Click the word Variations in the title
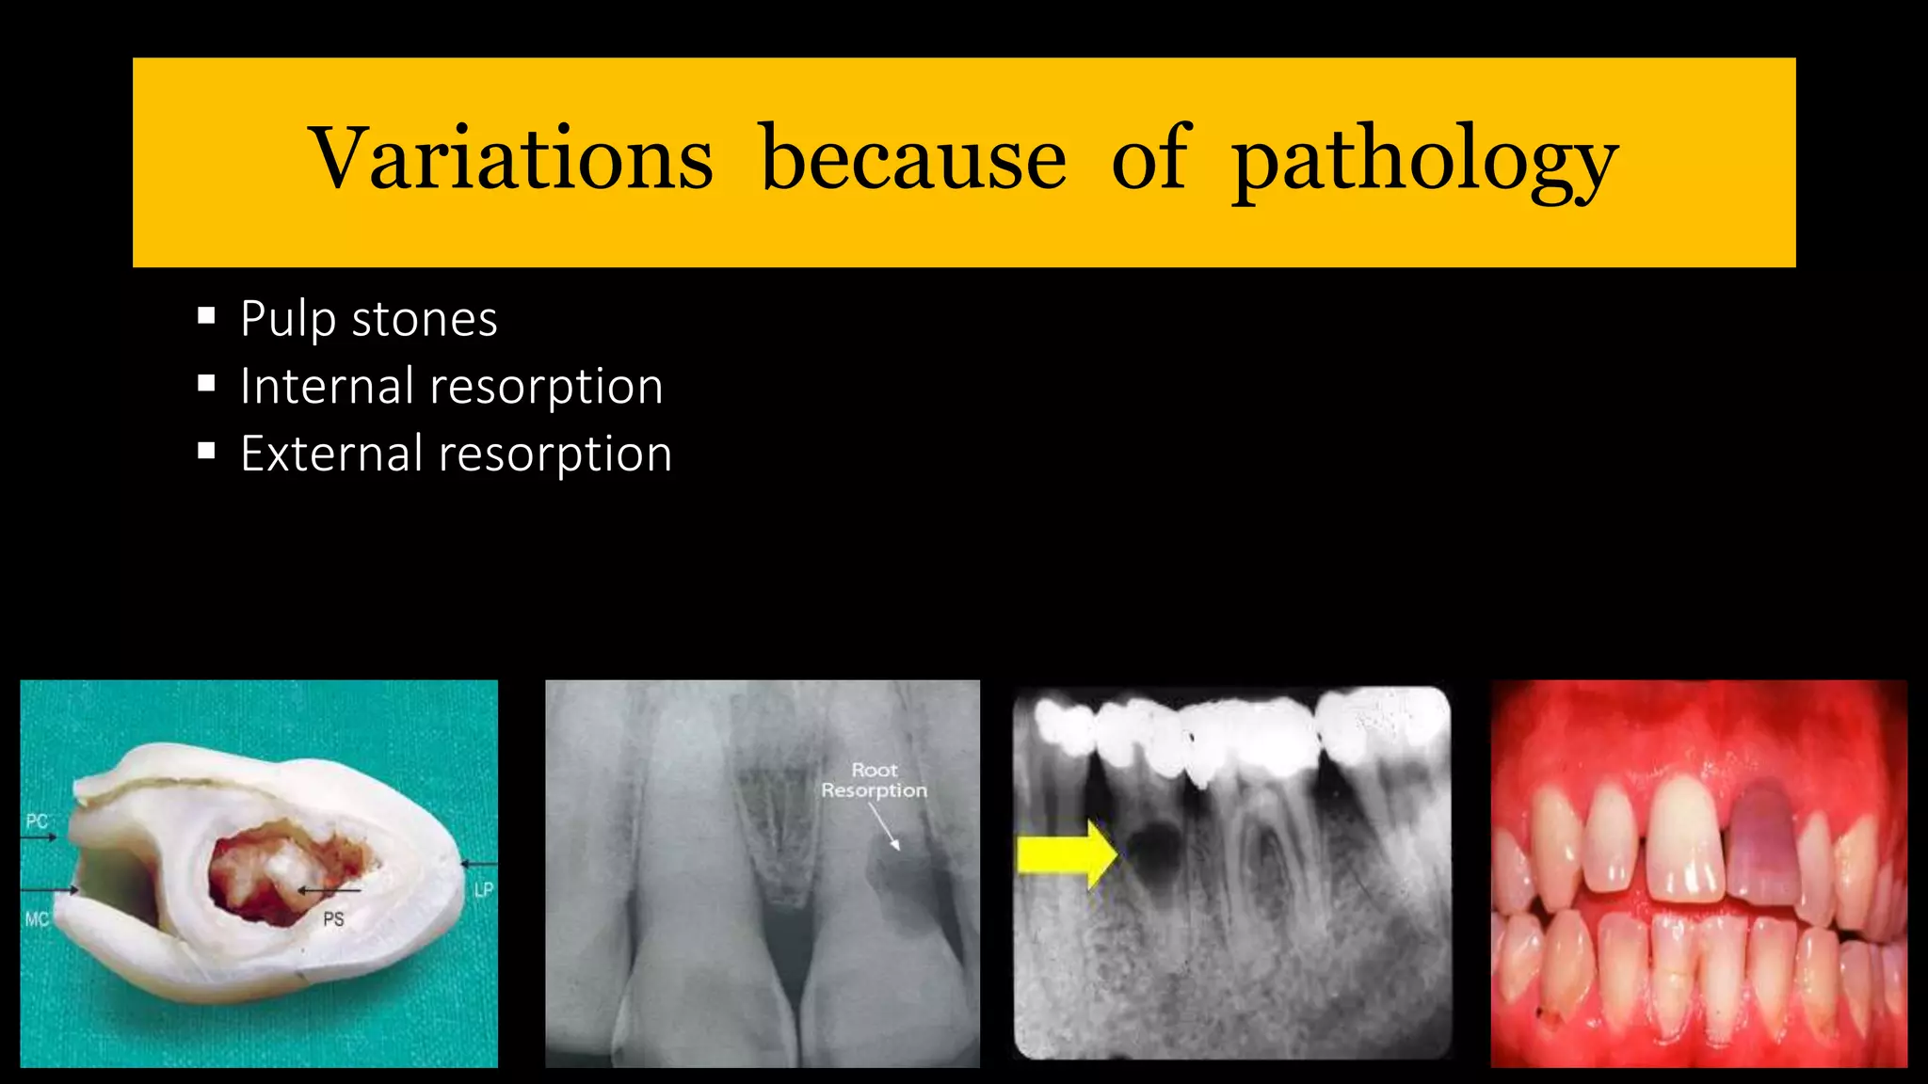point(511,158)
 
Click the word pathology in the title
point(1424,160)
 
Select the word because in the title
point(912,158)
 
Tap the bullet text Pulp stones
point(368,319)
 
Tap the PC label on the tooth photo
point(37,821)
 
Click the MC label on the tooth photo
point(37,919)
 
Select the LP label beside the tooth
point(484,889)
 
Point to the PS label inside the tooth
point(333,919)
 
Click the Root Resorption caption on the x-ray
point(874,781)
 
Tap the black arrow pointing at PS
point(329,890)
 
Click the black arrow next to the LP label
point(478,864)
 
